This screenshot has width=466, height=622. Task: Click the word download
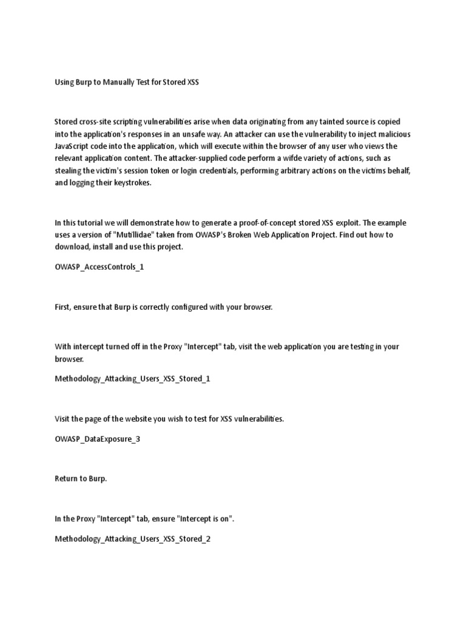(74, 247)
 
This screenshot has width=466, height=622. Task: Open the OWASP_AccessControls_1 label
(100, 267)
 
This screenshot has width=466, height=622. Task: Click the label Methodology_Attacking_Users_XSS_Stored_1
(132, 379)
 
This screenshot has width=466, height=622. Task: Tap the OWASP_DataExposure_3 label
(98, 439)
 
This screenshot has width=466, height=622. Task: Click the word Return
(66, 479)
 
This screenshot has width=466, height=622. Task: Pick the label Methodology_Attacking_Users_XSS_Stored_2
(132, 539)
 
